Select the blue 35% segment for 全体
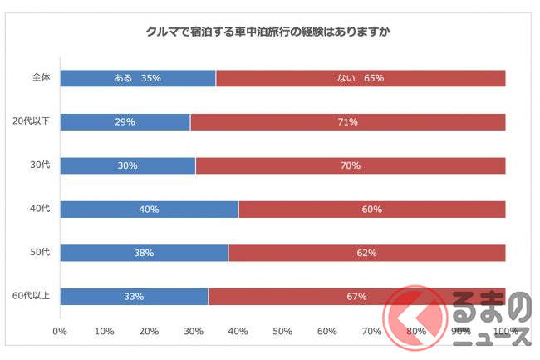coord(138,79)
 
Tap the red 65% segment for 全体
coord(361,79)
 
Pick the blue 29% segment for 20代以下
coord(125,122)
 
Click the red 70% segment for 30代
coord(350,165)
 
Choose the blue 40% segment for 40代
coord(150,209)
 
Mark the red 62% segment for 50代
coord(366,253)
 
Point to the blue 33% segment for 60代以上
coord(135,296)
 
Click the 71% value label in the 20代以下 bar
coord(348,122)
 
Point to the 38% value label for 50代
coord(144,253)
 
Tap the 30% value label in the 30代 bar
coord(127,165)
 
